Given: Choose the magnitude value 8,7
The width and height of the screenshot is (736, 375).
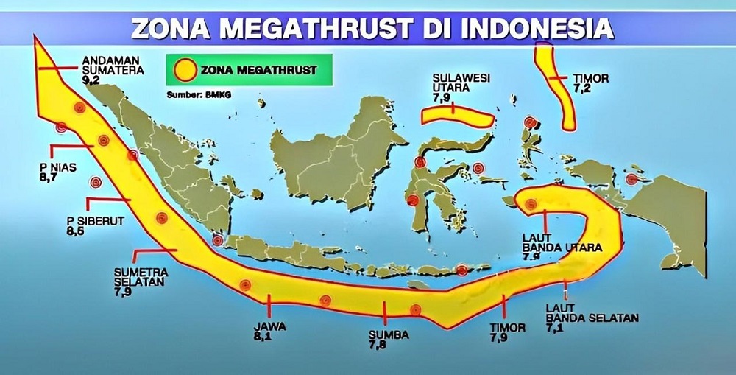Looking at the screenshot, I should coord(49,178).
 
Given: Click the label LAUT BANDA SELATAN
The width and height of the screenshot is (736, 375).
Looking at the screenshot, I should coord(592,313).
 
